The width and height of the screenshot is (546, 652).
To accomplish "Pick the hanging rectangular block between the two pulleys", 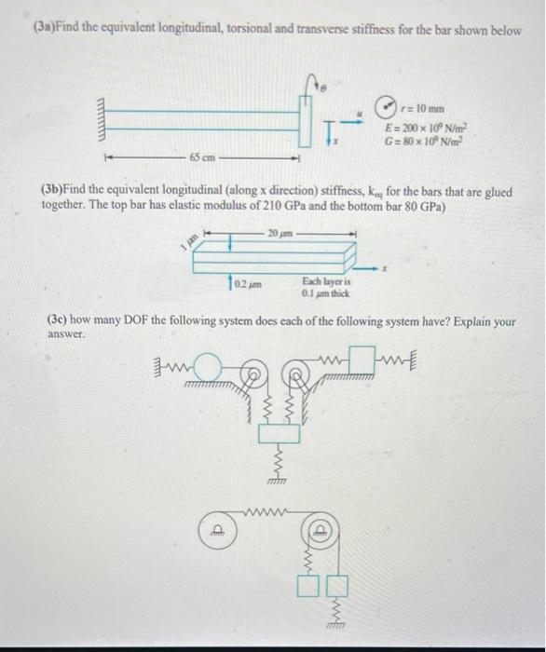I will point(277,434).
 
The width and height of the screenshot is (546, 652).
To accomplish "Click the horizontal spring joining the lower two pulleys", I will point(268,510).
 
